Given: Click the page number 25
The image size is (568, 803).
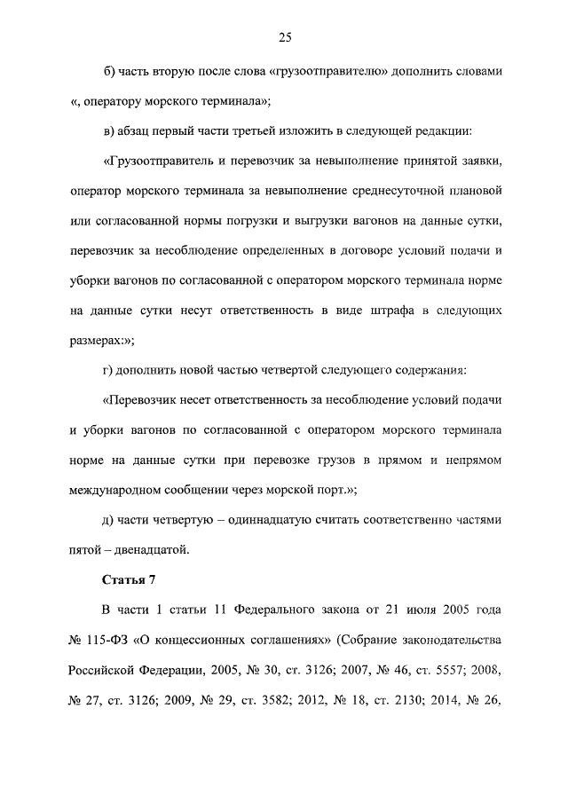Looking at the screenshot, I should pyautogui.click(x=285, y=37).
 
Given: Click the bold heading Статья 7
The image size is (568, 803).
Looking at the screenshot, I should pyautogui.click(x=130, y=582).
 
